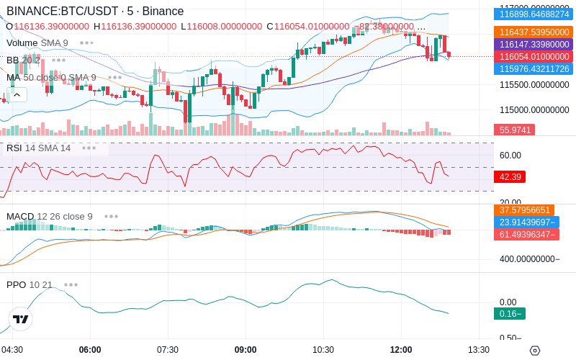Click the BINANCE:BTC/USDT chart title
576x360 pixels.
pos(94,11)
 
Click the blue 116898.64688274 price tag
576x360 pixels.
pos(534,14)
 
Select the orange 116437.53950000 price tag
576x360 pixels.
pos(534,32)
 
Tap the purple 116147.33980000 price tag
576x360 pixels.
pos(534,45)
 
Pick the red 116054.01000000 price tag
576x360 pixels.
pos(534,57)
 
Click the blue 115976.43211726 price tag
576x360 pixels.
pos(534,69)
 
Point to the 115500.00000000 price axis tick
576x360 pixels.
pos(534,85)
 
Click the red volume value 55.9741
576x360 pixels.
pos(514,130)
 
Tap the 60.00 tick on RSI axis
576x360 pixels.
pos(510,155)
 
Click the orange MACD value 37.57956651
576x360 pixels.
pos(524,210)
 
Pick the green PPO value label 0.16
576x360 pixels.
pos(508,313)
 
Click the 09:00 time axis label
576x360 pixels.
pos(246,350)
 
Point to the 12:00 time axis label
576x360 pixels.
pos(401,350)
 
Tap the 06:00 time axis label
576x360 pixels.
pos(90,350)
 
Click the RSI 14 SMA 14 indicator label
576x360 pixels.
pos(39,148)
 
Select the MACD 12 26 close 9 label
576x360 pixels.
pos(50,216)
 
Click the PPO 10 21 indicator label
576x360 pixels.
pos(30,284)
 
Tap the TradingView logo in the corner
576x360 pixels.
pos(21,319)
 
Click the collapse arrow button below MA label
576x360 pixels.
pos(17,94)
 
